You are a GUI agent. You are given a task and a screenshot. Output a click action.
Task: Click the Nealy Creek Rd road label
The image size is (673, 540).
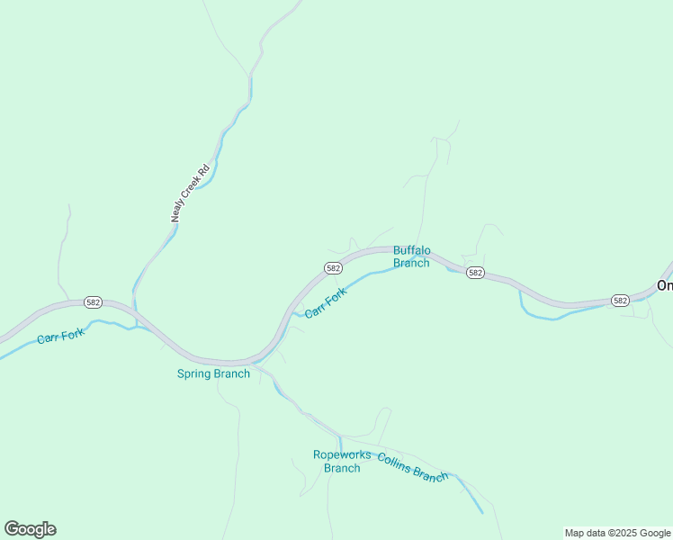tap(191, 193)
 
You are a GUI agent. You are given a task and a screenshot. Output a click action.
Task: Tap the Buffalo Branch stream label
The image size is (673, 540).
tap(411, 256)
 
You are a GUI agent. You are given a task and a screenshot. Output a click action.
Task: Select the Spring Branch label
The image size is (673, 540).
tap(213, 373)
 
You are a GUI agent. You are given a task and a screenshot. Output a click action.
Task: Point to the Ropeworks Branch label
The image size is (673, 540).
tap(342, 461)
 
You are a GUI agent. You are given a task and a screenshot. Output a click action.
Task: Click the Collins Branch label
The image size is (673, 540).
tap(412, 466)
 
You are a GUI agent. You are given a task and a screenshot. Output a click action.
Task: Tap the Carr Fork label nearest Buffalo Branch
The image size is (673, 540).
tap(325, 302)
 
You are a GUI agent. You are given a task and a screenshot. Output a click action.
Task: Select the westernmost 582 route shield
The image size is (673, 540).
tap(93, 301)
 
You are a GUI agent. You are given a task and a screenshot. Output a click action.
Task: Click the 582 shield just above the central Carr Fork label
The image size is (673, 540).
tap(333, 268)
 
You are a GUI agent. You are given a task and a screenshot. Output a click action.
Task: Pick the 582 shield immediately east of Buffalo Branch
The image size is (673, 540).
tap(476, 273)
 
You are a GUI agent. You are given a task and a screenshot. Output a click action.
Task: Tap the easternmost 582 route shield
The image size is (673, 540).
tap(620, 300)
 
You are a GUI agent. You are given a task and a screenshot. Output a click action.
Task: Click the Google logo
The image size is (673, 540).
tap(30, 528)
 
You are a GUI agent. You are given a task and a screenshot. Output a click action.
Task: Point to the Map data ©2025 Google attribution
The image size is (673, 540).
tap(617, 533)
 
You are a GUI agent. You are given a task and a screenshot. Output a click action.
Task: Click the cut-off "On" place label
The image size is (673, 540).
tap(665, 285)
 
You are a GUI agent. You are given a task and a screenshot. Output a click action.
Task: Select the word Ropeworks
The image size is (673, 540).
tap(342, 454)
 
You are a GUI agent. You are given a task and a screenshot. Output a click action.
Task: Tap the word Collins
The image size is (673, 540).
tap(395, 460)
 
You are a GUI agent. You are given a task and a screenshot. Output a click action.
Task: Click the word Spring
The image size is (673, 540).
tap(193, 373)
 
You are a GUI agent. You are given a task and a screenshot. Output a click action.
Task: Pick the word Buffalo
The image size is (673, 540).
tap(411, 250)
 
